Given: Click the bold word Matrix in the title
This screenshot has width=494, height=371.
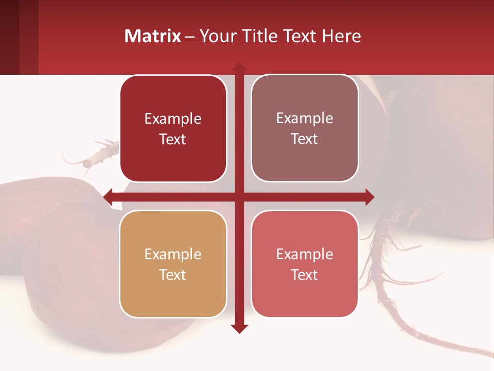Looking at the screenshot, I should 153,36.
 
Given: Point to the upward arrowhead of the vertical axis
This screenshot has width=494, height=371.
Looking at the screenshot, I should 239,67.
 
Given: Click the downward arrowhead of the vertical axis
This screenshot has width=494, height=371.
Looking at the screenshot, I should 239,328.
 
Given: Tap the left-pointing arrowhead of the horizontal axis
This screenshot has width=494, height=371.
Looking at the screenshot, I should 108,197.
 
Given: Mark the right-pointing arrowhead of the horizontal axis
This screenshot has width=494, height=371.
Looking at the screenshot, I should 369,197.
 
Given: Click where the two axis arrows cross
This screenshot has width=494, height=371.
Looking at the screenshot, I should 239,197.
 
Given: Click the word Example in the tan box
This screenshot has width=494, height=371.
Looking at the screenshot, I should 173,254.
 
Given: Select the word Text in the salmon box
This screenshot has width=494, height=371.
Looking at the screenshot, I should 305,275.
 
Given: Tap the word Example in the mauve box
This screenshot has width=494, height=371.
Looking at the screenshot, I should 305,118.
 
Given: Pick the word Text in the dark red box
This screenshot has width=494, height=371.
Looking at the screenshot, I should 173,139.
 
